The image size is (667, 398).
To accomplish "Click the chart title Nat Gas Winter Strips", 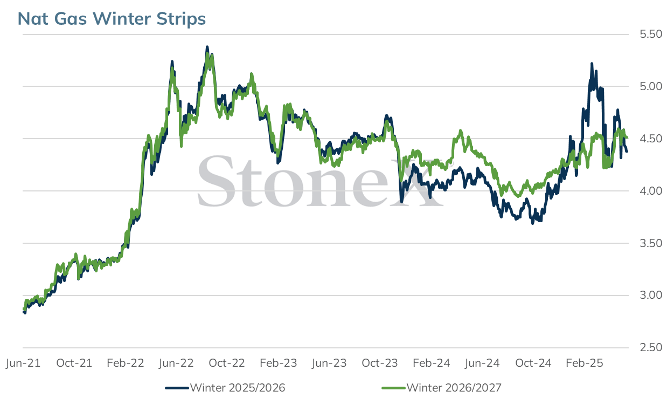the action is [112, 19].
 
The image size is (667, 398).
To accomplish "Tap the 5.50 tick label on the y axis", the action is [651, 34].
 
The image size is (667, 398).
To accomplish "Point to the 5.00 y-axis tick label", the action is [651, 86].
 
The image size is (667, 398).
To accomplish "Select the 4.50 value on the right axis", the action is [651, 139].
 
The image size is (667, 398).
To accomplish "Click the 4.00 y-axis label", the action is [651, 191].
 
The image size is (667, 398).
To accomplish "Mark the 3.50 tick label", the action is [651, 243].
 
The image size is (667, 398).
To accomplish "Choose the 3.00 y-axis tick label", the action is [651, 295].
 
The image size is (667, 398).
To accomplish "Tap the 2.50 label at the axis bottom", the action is [651, 348].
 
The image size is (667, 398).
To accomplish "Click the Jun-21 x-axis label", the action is [23, 363].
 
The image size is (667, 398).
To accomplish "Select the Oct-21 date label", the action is [74, 363].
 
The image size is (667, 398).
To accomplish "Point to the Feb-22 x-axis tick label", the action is [126, 363].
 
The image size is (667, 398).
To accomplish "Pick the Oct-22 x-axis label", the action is [227, 363].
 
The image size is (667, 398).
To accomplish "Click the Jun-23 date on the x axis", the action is [329, 363].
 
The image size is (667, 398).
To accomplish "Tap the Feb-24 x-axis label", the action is [432, 363].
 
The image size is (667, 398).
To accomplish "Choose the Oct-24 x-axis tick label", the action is [533, 363].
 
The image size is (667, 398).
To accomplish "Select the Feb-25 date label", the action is [585, 363].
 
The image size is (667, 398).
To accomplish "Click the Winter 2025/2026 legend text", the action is [238, 388].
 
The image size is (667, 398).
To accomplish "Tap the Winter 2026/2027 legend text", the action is [454, 388].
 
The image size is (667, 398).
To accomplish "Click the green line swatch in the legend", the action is [394, 388].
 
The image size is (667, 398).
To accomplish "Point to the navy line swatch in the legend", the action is [177, 388].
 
